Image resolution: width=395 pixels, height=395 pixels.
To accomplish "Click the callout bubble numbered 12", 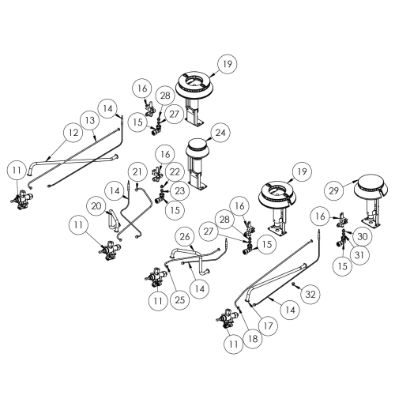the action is pos(73,133).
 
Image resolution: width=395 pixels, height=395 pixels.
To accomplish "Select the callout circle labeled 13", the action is pos(90,121).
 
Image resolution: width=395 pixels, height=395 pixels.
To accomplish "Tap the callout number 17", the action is pos(268,326).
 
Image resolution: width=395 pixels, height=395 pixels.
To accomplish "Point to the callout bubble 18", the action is pos(253,339).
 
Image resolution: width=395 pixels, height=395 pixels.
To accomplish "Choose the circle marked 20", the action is pos(96,206).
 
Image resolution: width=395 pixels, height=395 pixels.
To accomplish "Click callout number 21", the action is pos(137,172).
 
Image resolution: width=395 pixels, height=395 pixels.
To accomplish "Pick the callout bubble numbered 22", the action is pos(175,172).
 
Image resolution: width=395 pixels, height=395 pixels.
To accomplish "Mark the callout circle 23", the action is pos(180,190).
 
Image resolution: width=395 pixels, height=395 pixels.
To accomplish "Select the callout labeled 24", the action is pos(220,133).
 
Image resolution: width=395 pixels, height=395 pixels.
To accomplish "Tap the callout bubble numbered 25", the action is pos(180,300).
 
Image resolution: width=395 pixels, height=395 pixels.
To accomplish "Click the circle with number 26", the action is pos(185,237).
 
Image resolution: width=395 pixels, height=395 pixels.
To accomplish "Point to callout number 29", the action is pos(333,190).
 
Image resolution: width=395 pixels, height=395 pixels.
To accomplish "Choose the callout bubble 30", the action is pos(363,236).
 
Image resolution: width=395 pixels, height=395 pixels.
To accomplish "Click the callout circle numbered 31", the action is pos(359,255).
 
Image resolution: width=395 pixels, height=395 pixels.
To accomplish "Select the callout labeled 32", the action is pos(310,294).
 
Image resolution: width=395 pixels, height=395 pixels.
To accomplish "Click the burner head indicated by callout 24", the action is pos(196,149).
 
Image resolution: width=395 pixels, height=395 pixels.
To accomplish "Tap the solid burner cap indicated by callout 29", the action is pos(371,186).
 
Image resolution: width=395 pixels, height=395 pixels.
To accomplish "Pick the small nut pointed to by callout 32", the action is pos(293,284).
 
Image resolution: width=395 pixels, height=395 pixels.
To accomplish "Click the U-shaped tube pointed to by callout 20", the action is pos(112,220).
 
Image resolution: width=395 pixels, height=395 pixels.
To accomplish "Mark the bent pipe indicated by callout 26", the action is pos(190,259).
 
